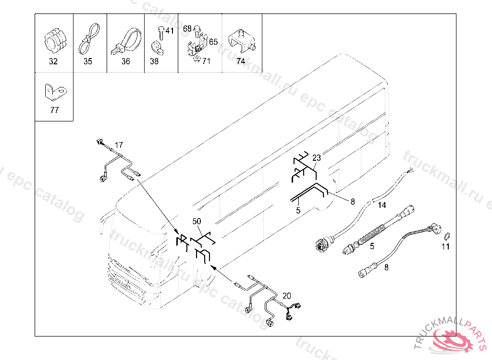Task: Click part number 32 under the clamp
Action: pyautogui.click(x=53, y=61)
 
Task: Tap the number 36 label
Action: pyautogui.click(x=125, y=61)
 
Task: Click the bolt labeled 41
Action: pyautogui.click(x=160, y=33)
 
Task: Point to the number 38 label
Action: pyautogui.click(x=154, y=61)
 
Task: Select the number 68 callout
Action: pyautogui.click(x=187, y=29)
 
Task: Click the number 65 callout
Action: pyautogui.click(x=213, y=42)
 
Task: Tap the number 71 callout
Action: pyautogui.click(x=206, y=61)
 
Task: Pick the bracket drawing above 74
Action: pyautogui.click(x=241, y=41)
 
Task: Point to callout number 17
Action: pyautogui.click(x=119, y=144)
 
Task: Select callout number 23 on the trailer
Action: pyautogui.click(x=316, y=157)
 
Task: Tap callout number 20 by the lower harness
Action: pyautogui.click(x=286, y=295)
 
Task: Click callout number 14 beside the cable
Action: pyautogui.click(x=381, y=205)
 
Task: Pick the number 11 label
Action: pyautogui.click(x=446, y=247)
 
